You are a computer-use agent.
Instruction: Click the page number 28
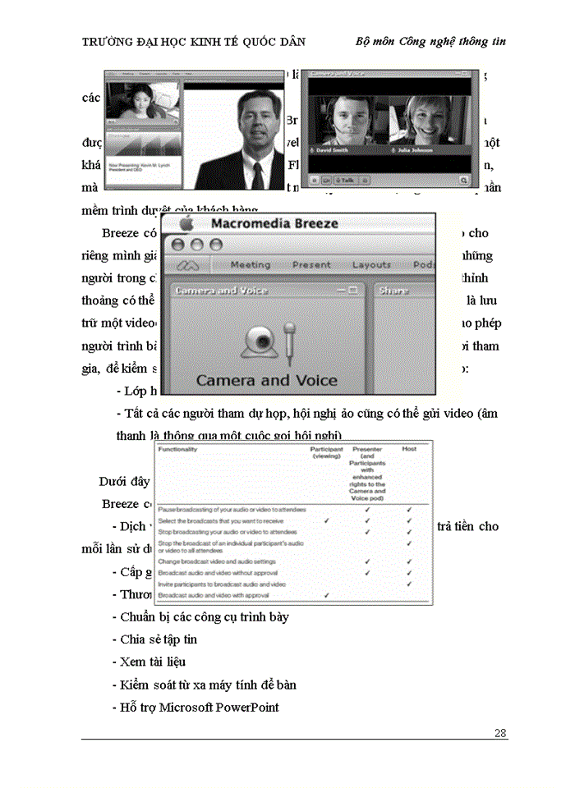pos(499,733)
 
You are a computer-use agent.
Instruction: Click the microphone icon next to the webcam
pos(288,340)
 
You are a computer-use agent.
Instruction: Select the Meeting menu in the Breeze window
pos(251,265)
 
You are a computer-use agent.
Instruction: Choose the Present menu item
pos(311,265)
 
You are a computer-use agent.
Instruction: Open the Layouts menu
pos(371,265)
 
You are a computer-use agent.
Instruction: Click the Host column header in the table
pos(408,449)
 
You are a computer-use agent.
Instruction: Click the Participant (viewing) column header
pos(326,453)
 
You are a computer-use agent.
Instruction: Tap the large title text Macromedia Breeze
pos(274,224)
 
